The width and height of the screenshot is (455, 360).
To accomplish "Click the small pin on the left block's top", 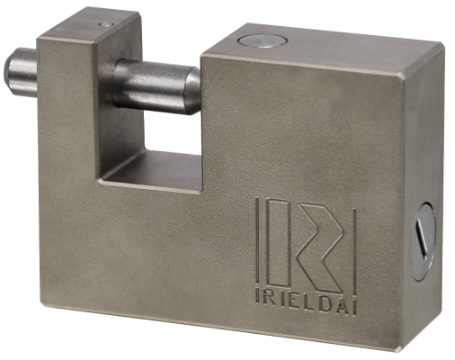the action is pos(106,24).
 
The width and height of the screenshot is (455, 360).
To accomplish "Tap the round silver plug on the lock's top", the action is pos(263,41).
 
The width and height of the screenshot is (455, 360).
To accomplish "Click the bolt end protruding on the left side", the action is pos(21,72).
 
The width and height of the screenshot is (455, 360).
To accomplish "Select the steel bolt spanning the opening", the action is pos(156,86).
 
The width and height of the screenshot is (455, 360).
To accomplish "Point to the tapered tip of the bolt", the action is pos(192,90).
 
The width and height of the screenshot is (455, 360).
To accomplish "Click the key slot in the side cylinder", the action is pos(422,238).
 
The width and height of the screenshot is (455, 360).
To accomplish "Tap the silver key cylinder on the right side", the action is pos(423,241).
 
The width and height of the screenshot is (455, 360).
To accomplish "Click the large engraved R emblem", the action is pos(319,247).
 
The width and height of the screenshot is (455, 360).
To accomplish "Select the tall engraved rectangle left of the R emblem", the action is pos(279,242).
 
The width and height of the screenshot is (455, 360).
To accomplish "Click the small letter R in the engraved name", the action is pos(269,299).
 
